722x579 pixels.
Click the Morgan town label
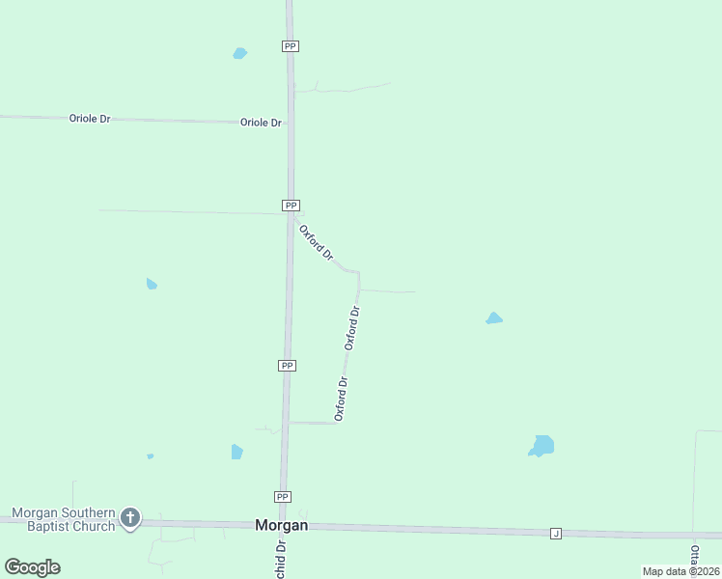[x=281, y=526]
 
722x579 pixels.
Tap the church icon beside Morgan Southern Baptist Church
[x=130, y=518]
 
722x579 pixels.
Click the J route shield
[x=555, y=534]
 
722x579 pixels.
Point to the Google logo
[x=32, y=567]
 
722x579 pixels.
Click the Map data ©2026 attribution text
[x=680, y=571]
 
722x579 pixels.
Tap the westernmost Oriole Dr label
[x=90, y=118]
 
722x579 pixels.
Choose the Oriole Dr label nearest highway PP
[x=261, y=123]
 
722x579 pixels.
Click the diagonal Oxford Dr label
[x=316, y=243]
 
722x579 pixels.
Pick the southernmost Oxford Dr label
[x=341, y=399]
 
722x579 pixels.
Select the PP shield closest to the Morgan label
[x=282, y=497]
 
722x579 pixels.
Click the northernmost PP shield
[x=290, y=46]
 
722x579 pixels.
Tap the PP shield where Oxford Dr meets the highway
[x=291, y=206]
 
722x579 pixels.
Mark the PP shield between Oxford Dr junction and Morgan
[x=287, y=366]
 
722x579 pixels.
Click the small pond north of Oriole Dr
[x=239, y=53]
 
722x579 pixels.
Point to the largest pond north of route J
[x=541, y=446]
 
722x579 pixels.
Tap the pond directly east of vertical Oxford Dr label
[x=494, y=318]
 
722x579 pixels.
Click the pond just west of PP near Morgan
[x=236, y=452]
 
